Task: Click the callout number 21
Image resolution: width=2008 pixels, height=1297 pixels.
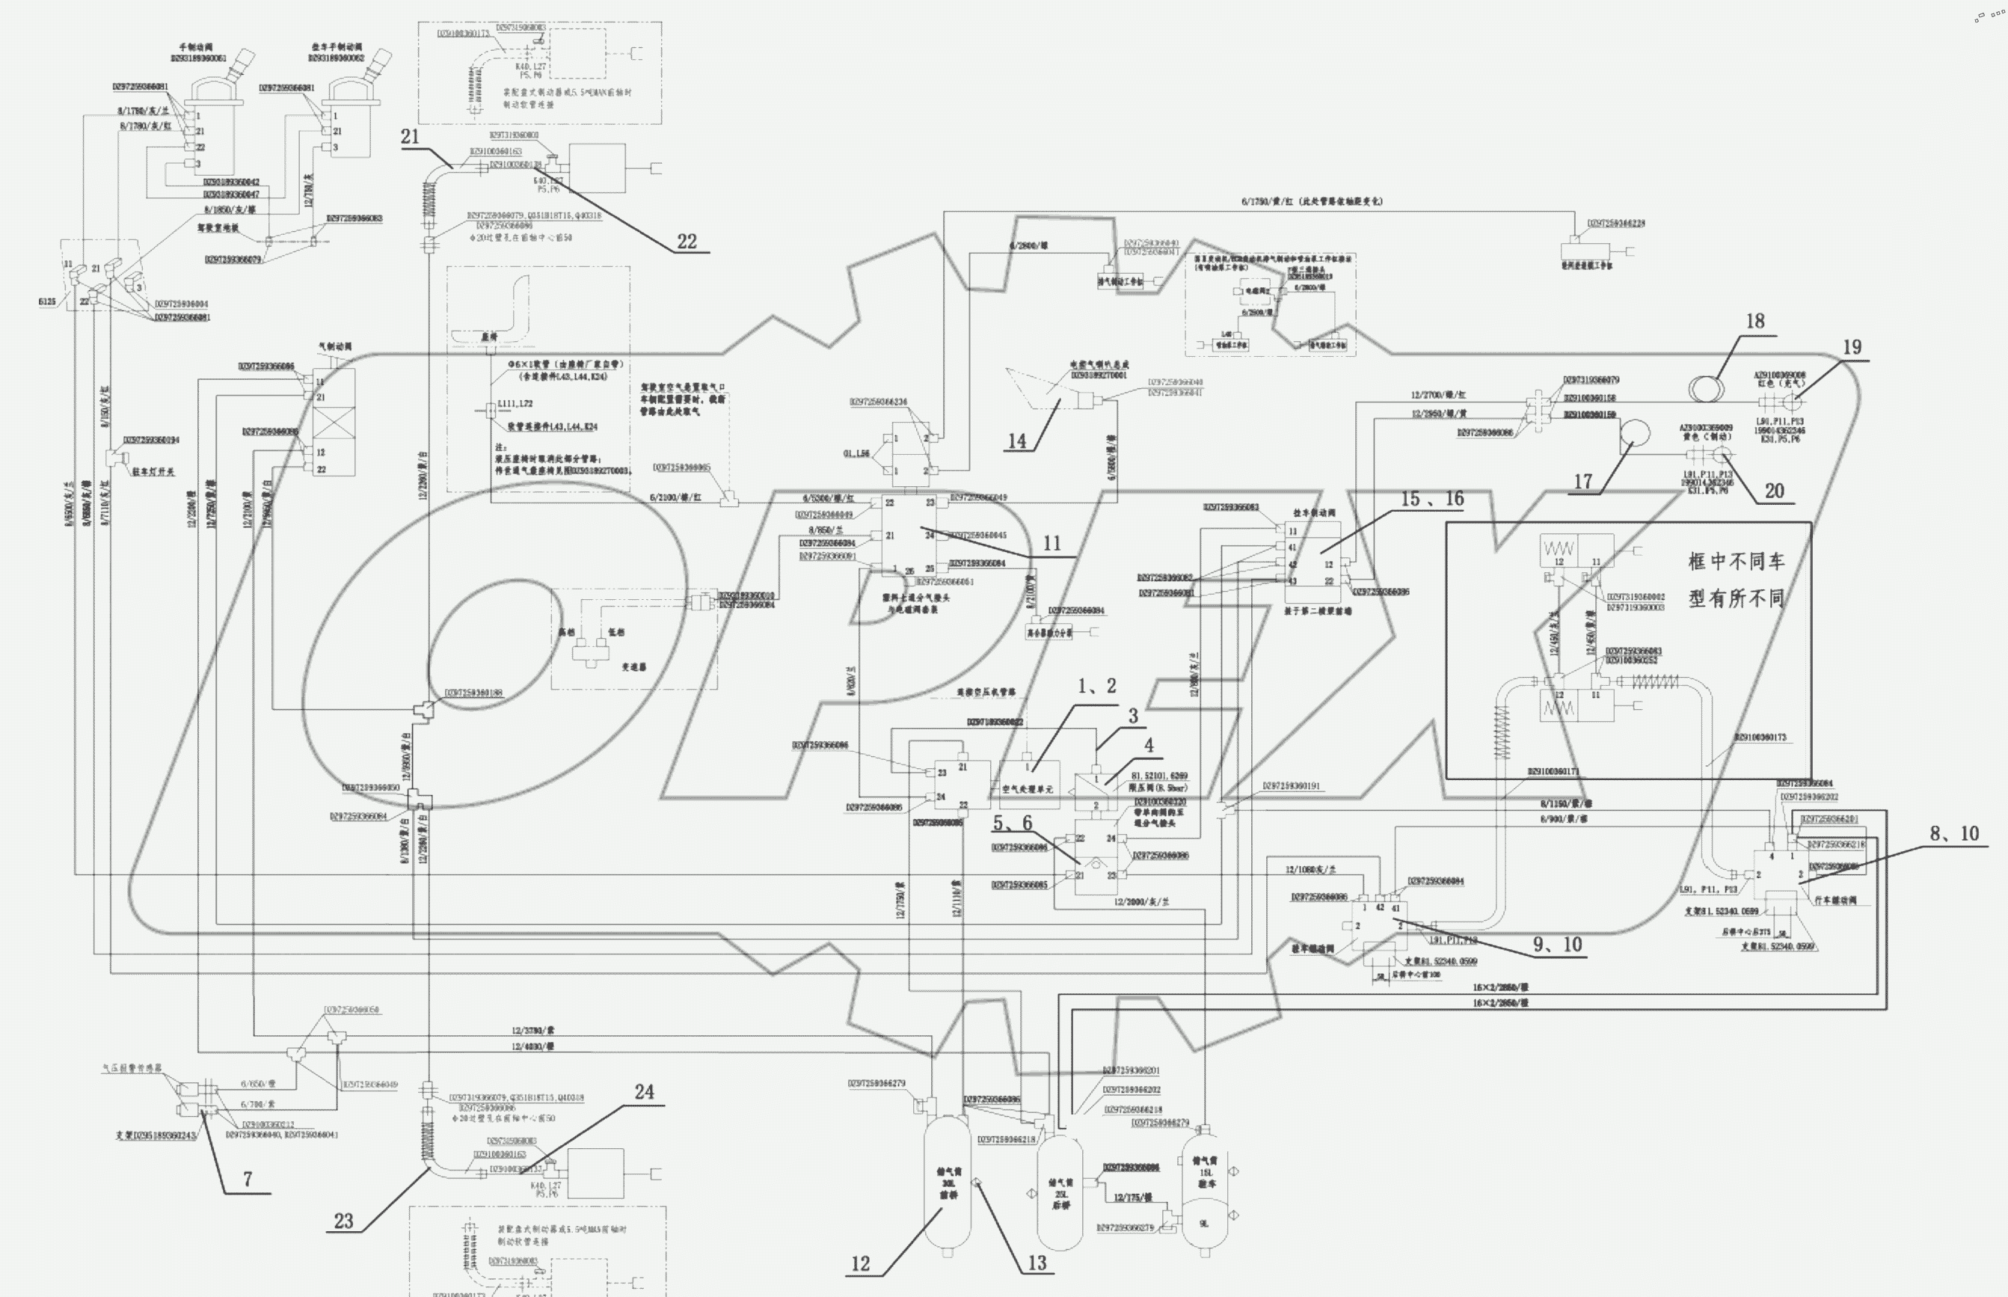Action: (410, 136)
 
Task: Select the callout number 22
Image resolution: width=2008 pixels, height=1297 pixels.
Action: (687, 242)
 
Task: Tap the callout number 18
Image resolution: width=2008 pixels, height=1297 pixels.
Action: (1754, 321)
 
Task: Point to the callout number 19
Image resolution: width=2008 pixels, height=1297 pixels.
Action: (1852, 347)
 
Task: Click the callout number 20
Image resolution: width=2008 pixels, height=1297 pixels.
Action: (1774, 491)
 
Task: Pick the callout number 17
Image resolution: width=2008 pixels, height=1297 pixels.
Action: (1582, 482)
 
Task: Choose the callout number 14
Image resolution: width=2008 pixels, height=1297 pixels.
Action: (1017, 441)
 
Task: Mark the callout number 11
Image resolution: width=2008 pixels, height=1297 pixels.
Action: (1051, 543)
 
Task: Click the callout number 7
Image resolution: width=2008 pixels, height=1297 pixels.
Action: (248, 1179)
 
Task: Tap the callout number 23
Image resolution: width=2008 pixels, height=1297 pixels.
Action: (343, 1221)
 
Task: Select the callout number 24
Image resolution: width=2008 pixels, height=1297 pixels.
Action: (644, 1091)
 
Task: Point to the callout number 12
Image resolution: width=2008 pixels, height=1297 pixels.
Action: (859, 1263)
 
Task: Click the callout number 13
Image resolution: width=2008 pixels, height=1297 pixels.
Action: (1037, 1263)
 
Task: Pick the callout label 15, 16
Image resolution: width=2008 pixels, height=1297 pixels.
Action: (1432, 500)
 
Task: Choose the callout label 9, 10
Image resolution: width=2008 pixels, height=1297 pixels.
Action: (1557, 945)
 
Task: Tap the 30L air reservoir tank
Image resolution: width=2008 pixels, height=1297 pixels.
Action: (948, 1183)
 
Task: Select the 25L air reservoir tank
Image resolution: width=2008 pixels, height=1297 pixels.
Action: (1059, 1192)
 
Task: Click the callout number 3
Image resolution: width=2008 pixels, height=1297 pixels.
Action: (1132, 716)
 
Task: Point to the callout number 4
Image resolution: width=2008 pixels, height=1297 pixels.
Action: (1149, 745)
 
